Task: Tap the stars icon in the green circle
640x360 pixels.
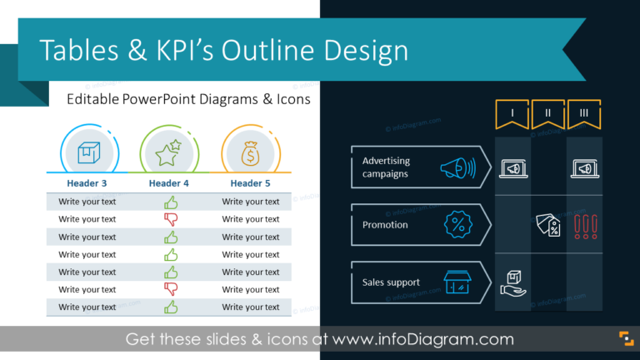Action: (169, 153)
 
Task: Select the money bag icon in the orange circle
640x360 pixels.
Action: (251, 153)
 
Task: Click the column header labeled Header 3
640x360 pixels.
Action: (87, 183)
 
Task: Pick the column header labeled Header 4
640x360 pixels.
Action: (169, 183)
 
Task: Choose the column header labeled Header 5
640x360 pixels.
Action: (251, 183)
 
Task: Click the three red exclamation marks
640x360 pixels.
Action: (585, 225)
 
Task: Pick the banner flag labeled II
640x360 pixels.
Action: (547, 114)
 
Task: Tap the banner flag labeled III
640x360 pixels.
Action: (583, 114)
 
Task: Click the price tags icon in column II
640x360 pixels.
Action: (547, 224)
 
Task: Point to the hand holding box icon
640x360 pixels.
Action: (512, 283)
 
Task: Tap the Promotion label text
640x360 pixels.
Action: (385, 225)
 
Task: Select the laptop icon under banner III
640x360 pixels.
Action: (584, 169)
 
